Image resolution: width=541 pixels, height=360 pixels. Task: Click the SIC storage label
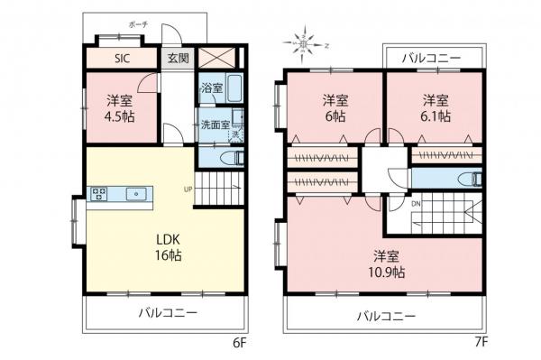(120, 59)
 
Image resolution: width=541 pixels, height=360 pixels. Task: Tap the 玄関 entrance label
(177, 59)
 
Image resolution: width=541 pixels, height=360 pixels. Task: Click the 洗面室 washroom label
(215, 125)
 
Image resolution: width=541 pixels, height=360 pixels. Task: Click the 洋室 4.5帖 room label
(119, 109)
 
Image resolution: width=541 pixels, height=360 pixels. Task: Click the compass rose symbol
(306, 41)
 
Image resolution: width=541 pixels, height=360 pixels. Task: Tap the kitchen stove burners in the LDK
(99, 192)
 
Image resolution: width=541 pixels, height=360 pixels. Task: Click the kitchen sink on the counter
(139, 192)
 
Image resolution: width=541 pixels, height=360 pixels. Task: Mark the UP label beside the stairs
(188, 189)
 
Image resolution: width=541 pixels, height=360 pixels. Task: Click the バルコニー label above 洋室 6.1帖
(430, 58)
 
